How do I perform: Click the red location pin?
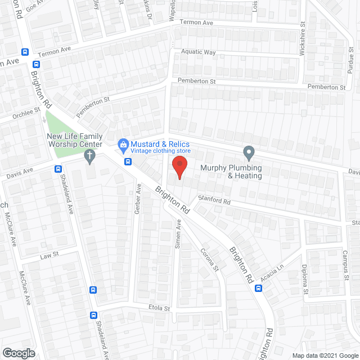[179, 167]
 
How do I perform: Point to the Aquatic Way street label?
[198, 52]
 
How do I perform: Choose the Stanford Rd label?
[214, 201]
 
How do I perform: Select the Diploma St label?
[304, 279]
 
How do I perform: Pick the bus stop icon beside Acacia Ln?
[258, 289]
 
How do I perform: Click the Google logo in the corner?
[18, 353]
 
